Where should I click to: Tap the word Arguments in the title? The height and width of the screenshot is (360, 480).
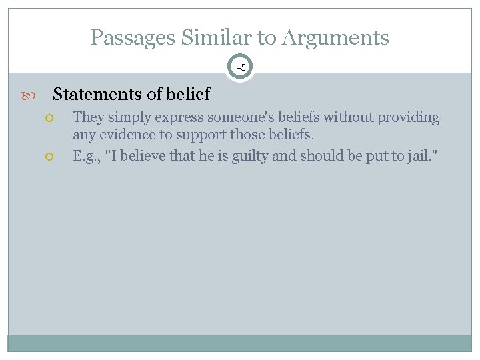[x=335, y=38]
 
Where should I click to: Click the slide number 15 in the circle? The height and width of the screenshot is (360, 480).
[x=241, y=67]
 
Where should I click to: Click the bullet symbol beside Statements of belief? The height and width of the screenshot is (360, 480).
[x=33, y=95]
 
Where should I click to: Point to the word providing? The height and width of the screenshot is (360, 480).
[x=409, y=118]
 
